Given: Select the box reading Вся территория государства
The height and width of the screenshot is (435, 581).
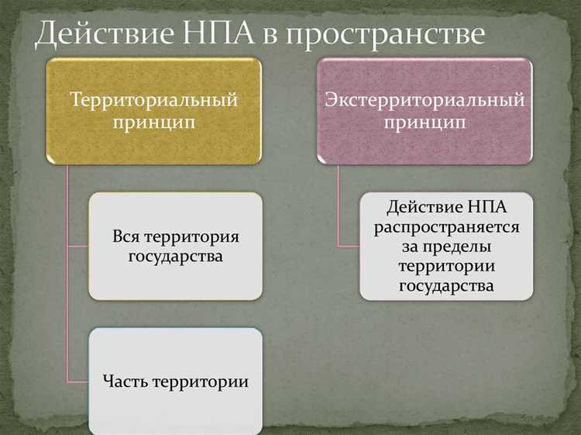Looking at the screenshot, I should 175,246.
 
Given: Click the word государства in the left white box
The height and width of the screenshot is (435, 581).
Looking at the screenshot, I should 175,256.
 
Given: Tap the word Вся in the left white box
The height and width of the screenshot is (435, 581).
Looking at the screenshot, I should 126,236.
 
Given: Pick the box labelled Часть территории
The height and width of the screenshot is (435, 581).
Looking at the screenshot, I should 175,381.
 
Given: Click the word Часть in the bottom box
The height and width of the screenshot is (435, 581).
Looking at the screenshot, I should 125,381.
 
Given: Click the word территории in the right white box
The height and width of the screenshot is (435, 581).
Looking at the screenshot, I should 446,266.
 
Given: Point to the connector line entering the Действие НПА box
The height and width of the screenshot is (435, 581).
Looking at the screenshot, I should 349,247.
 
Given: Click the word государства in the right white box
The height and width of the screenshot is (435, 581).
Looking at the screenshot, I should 446,285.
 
